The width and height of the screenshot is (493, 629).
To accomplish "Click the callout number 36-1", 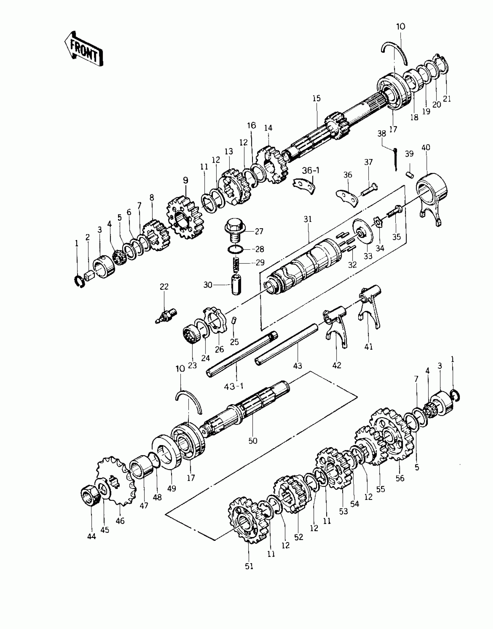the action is click(x=311, y=170).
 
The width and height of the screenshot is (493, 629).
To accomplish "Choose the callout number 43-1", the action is click(x=234, y=387).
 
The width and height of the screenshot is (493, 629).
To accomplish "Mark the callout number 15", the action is click(x=317, y=98).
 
